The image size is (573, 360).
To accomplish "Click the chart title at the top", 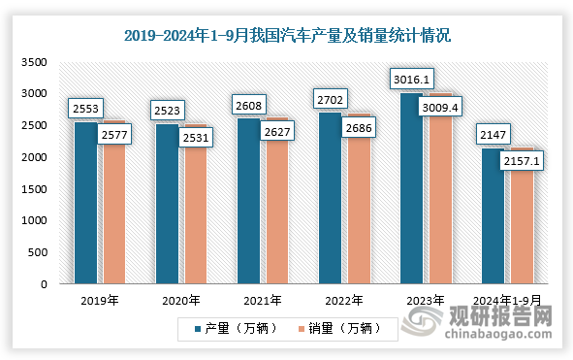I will (x=287, y=37).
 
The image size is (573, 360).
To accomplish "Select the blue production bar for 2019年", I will (x=86, y=204).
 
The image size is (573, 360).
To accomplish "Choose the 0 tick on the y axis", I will (x=44, y=284).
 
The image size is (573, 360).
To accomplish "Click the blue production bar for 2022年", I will (x=330, y=199).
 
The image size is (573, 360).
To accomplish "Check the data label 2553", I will (x=84, y=109).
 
